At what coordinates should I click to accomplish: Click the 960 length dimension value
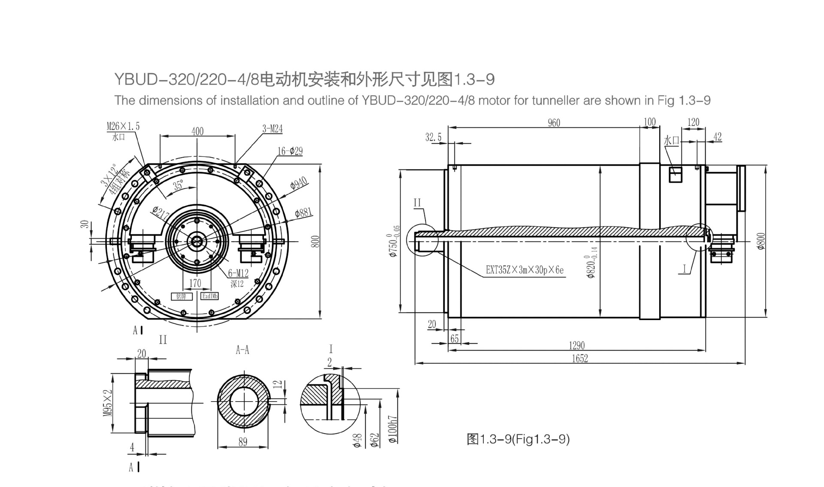pos(554,123)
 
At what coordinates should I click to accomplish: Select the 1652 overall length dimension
pos(579,359)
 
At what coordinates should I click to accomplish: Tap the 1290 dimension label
pos(577,345)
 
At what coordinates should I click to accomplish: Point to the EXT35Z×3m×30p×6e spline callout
pos(524,270)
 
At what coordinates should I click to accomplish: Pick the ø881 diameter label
pos(303,212)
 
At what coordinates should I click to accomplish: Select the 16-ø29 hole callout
pos(290,151)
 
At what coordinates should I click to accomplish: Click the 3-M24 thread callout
pos(273,129)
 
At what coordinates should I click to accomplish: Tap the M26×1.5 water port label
pos(123,126)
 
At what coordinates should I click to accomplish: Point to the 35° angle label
pos(178,185)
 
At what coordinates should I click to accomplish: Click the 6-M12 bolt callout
pos(238,273)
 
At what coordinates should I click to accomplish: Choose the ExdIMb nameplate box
pos(210,296)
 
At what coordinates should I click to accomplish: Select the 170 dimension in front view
pos(195,283)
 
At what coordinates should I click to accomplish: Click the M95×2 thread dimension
pos(107,403)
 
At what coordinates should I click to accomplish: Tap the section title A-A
pos(242,350)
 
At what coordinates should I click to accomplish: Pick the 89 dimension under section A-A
pos(242,442)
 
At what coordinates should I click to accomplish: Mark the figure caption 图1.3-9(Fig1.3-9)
pos(518,439)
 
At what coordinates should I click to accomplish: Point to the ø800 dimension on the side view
pos(761,242)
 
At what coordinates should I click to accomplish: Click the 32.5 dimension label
pos(433,137)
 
